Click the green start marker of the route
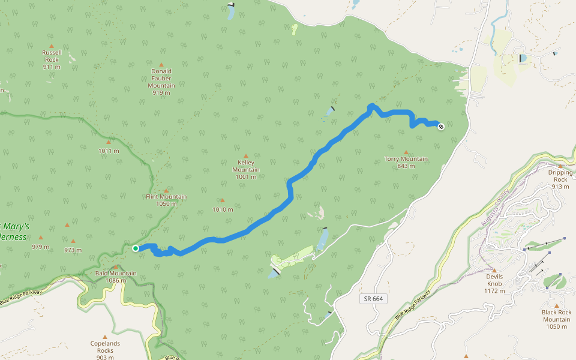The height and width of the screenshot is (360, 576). click(x=136, y=248)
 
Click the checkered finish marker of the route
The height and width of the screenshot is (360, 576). click(x=441, y=127)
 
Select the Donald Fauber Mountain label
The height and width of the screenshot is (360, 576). click(x=161, y=79)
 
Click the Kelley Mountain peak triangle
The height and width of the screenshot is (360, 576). click(x=245, y=155)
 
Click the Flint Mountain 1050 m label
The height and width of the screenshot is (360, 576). click(x=166, y=200)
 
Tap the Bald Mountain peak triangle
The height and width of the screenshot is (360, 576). click(x=116, y=266)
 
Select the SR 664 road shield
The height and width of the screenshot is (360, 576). click(x=373, y=298)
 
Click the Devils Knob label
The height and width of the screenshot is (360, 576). click(x=494, y=283)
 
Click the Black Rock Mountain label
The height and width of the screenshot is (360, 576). click(x=556, y=319)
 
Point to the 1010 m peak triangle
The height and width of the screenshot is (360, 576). click(x=222, y=201)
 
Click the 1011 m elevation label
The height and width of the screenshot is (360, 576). click(x=109, y=151)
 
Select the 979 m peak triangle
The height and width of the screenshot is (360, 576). click(x=41, y=238)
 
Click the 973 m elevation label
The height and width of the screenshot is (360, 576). click(x=73, y=250)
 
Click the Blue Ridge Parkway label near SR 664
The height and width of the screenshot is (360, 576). click(x=413, y=305)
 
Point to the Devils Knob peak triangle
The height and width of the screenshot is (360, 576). click(x=494, y=270)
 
